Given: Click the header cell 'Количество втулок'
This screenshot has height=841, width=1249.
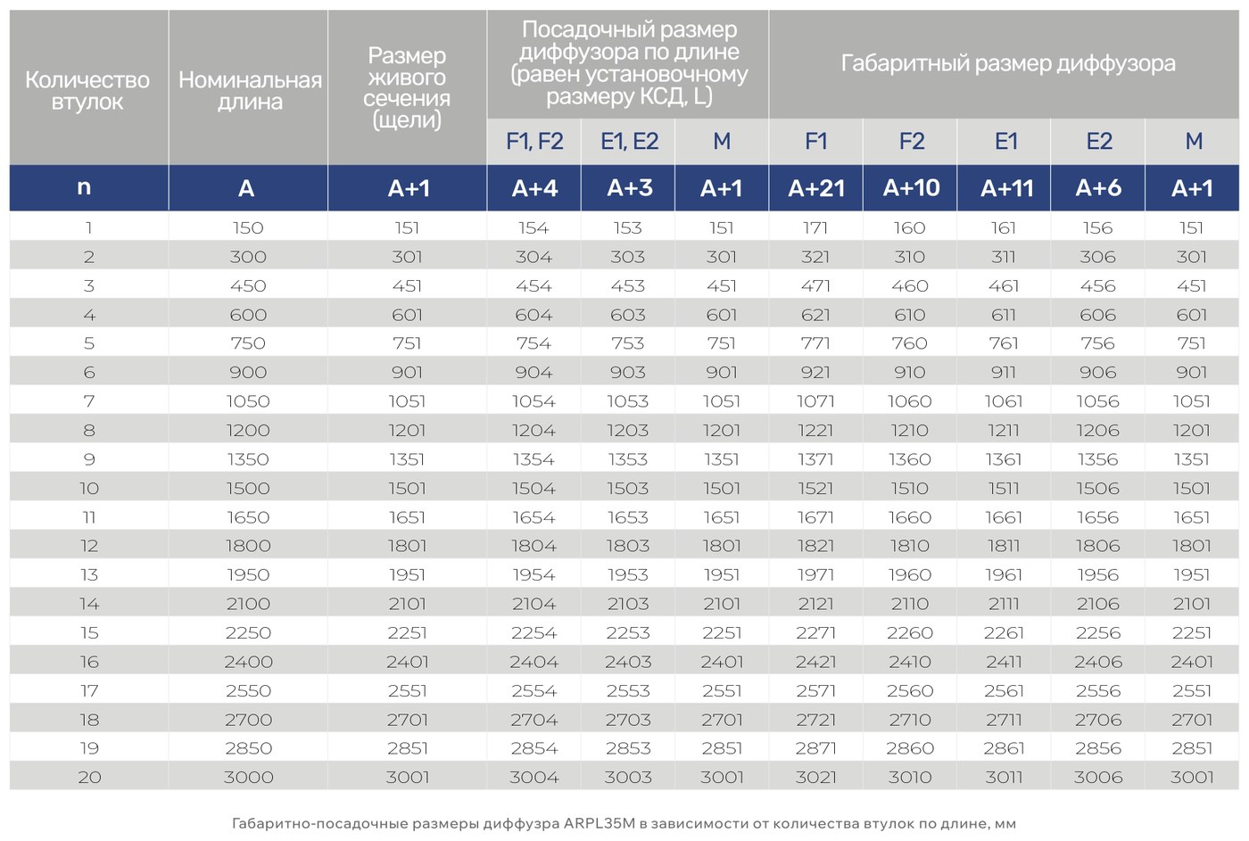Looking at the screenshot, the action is click(x=87, y=91).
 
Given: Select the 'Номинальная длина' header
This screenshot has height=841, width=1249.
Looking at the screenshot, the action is click(x=250, y=91).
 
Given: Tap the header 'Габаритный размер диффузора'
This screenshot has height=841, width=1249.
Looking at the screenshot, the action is click(x=1007, y=64).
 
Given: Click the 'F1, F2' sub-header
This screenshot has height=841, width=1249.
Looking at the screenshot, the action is click(x=534, y=142).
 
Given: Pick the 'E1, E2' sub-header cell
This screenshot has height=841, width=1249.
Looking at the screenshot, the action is click(x=629, y=142).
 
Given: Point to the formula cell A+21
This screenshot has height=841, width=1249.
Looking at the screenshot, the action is click(x=815, y=188).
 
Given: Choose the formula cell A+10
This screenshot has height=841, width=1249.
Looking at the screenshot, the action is click(x=911, y=188).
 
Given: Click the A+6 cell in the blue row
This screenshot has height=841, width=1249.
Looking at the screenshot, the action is click(x=1098, y=188).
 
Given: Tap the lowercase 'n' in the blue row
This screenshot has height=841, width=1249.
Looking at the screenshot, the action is click(x=84, y=188).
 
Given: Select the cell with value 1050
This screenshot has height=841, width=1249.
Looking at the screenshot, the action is click(x=248, y=401).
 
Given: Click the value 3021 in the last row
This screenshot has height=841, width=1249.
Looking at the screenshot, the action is click(x=815, y=777).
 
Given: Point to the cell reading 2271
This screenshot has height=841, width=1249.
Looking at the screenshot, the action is click(x=815, y=632).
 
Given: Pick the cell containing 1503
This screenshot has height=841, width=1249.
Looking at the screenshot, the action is click(x=628, y=488).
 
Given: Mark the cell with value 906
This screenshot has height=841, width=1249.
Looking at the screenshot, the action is click(x=1098, y=372).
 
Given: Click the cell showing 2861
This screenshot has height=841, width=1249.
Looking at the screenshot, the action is click(x=1004, y=748).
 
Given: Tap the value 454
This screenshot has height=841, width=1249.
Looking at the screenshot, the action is click(x=534, y=286).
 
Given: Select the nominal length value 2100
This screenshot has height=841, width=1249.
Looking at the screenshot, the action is click(x=248, y=604).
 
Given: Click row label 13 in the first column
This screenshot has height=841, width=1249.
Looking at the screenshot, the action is click(x=89, y=574).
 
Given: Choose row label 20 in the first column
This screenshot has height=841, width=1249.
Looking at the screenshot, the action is click(x=89, y=777).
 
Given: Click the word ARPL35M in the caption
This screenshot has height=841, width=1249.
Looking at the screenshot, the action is click(x=600, y=823).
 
